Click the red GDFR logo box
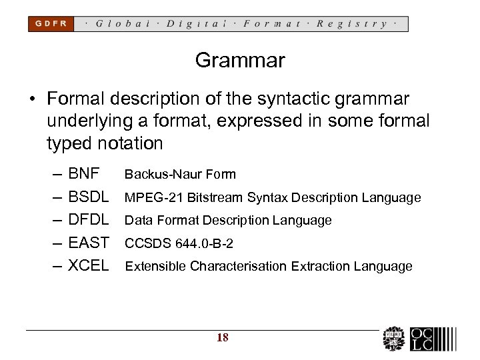(51, 24)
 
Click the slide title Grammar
(240, 61)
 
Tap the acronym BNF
(84, 175)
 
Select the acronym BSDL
(89, 197)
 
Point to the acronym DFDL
(89, 220)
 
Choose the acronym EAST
(89, 243)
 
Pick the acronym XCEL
(89, 266)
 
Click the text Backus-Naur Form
(180, 175)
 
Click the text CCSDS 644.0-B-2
(179, 243)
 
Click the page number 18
(223, 338)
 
